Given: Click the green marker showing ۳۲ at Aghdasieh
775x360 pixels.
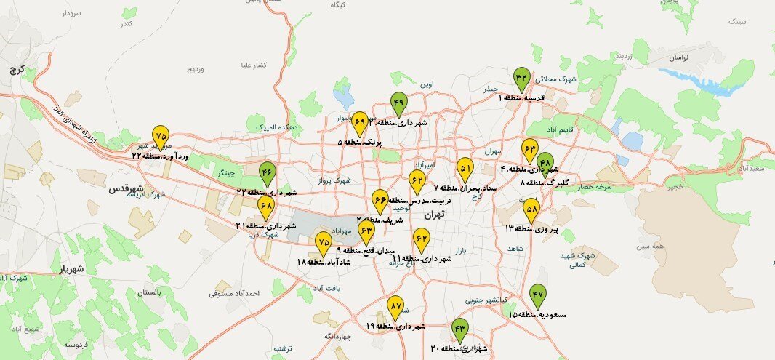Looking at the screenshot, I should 521,78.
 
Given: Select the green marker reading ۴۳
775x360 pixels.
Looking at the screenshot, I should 459,329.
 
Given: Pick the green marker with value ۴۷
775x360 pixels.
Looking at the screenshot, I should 537,295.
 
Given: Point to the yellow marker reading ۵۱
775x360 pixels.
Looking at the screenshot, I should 465,169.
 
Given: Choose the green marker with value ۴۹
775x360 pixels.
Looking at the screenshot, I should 398,103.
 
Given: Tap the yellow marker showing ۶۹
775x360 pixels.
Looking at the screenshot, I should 359,121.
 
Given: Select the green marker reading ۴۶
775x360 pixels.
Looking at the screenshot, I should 268,173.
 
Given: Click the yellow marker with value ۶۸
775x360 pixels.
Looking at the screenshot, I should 266,207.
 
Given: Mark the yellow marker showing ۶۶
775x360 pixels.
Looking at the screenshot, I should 380,199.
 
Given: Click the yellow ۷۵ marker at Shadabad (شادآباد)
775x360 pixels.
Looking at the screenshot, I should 324,243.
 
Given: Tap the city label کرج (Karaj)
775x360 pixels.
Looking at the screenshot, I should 15,71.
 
